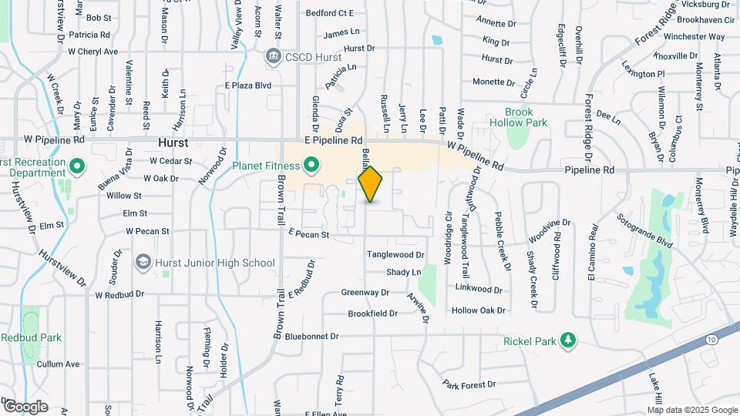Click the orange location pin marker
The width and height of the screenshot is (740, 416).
tap(371, 183)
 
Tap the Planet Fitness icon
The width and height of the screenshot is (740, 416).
tap(311, 164)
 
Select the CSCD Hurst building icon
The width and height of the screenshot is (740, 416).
tap(272, 55)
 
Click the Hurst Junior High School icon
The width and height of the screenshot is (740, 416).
tap(143, 263)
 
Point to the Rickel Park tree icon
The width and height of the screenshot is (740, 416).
tap(568, 341)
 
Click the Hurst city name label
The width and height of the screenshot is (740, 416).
tap(173, 143)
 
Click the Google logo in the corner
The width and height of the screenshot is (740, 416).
tap(25, 406)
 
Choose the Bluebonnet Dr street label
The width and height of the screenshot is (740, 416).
tap(311, 337)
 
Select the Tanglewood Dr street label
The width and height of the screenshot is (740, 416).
tap(395, 254)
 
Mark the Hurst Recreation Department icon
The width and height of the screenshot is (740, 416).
tap(76, 166)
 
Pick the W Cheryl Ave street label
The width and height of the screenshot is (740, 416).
tap(92, 52)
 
